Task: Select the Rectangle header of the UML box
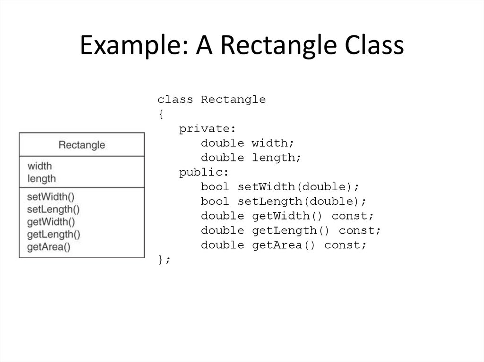81,144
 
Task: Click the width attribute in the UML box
40,166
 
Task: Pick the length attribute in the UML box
42,178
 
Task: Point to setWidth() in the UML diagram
51,196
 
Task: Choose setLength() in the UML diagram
53,209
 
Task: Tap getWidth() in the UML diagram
51,221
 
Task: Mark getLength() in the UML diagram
53,234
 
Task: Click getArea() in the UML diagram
48,246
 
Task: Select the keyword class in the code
175,100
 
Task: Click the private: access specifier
207,129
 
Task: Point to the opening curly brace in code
160,114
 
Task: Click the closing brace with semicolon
164,260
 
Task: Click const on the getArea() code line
345,245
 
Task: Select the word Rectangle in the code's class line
233,100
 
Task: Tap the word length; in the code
277,158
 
